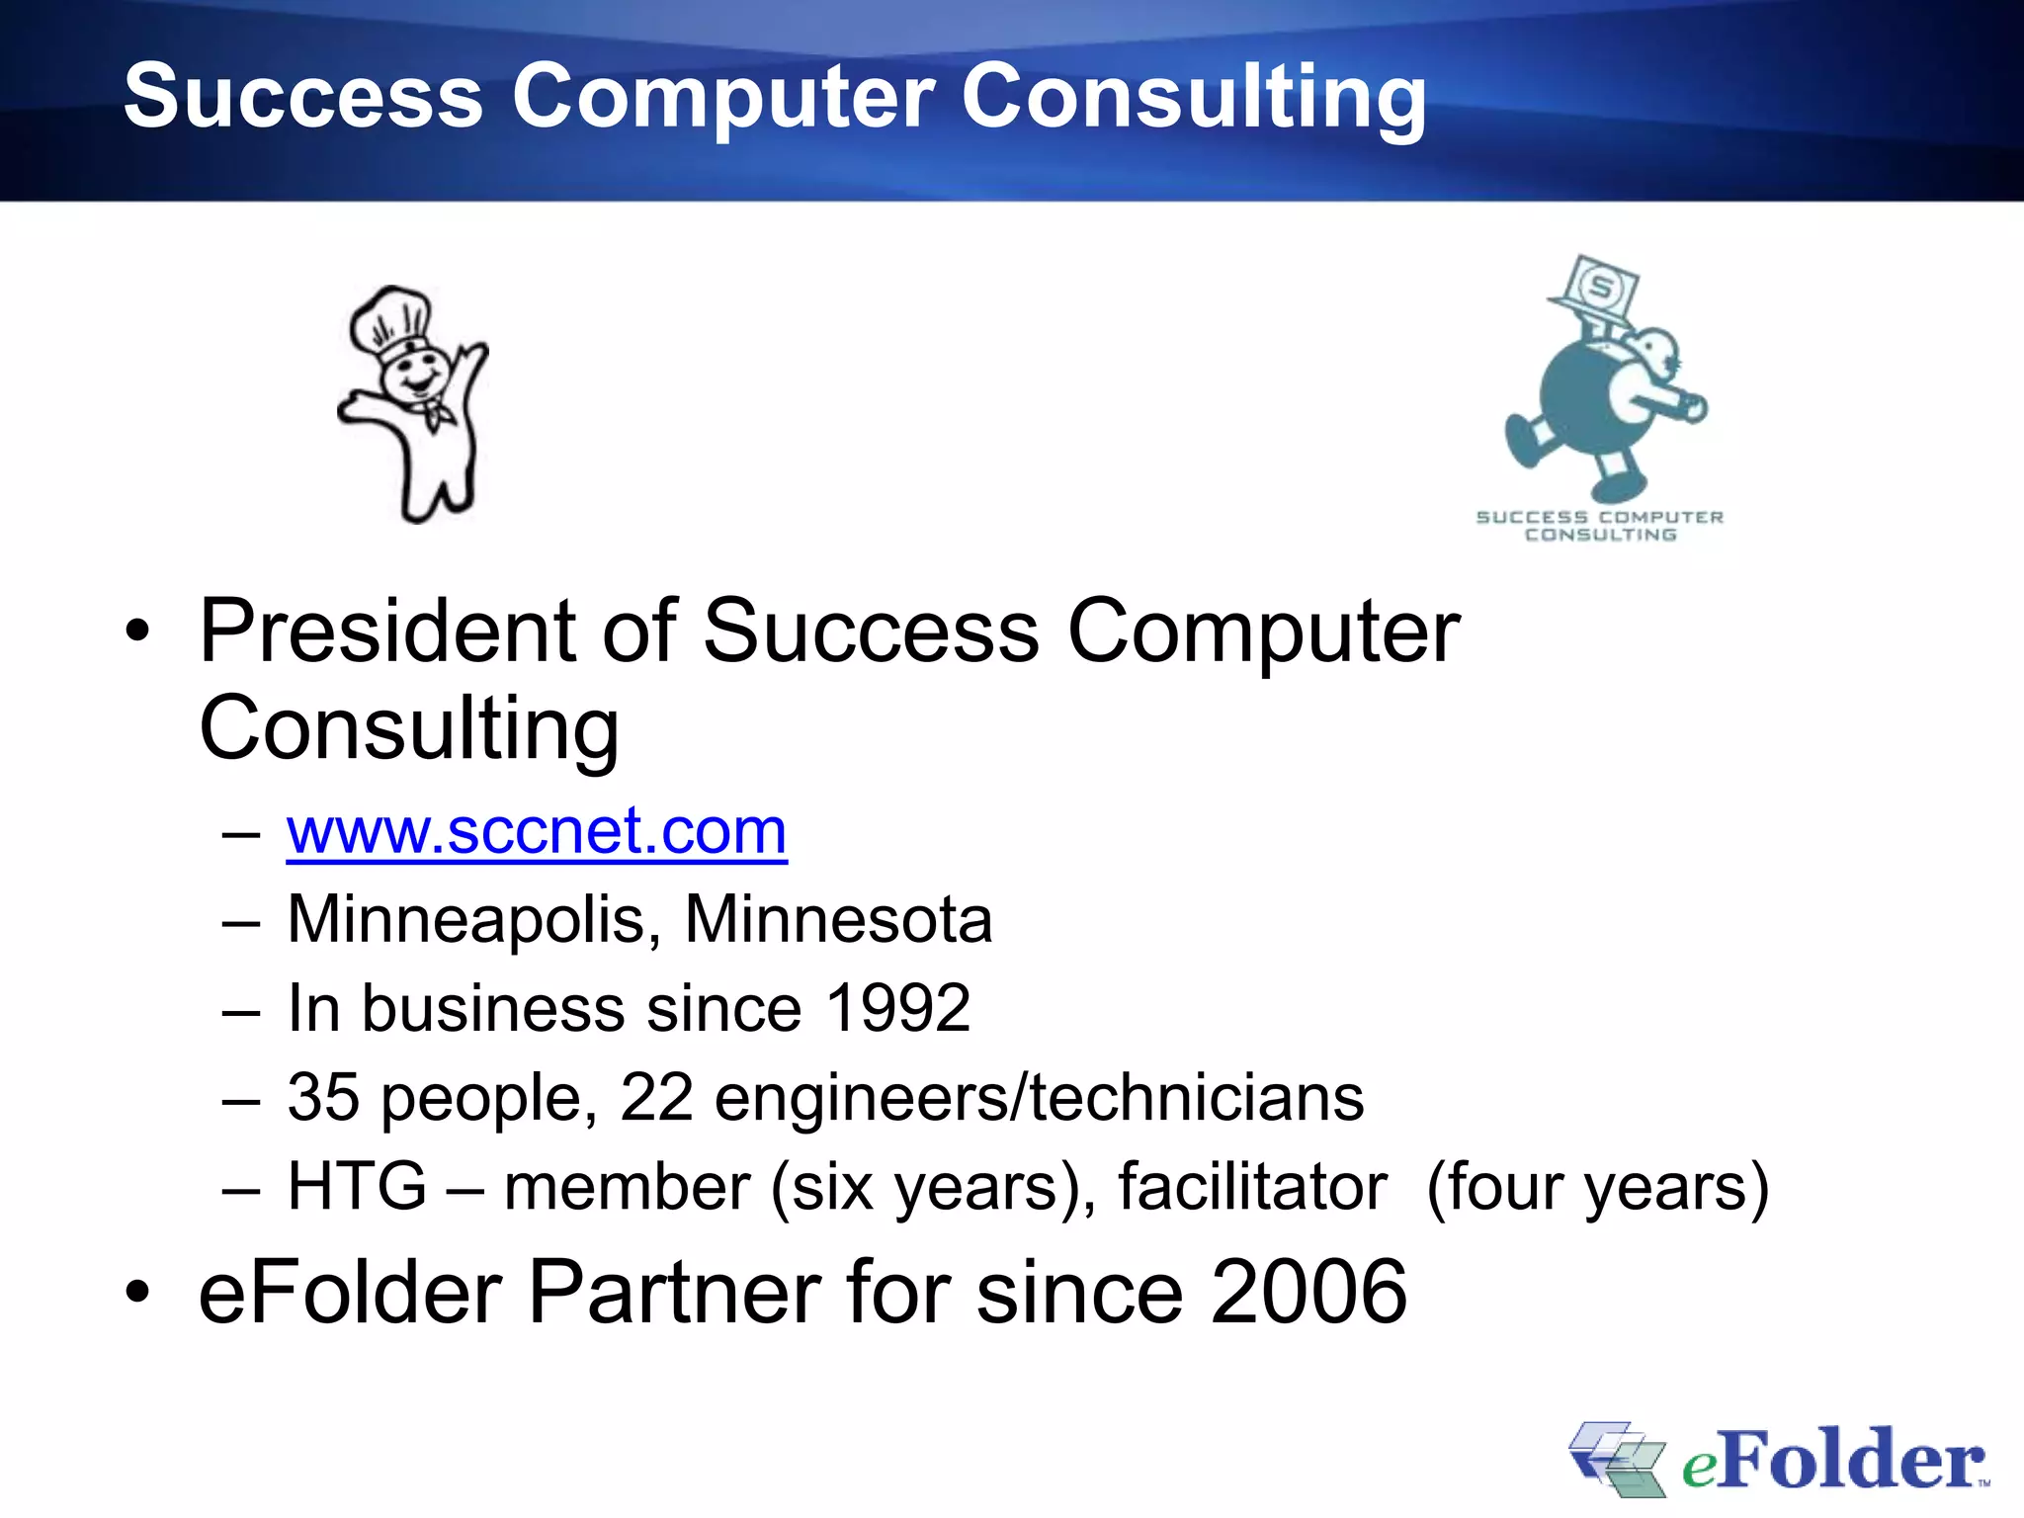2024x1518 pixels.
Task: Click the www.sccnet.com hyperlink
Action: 537,832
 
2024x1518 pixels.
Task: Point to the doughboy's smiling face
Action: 415,376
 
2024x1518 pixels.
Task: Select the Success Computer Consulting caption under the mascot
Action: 1599,526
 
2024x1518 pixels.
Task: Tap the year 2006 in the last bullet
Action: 1308,1293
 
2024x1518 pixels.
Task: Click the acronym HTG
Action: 357,1187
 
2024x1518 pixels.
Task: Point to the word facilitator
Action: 1252,1187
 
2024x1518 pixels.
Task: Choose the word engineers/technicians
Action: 1039,1098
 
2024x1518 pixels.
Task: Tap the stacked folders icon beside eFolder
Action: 1616,1458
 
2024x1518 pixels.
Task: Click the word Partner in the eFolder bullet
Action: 676,1293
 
